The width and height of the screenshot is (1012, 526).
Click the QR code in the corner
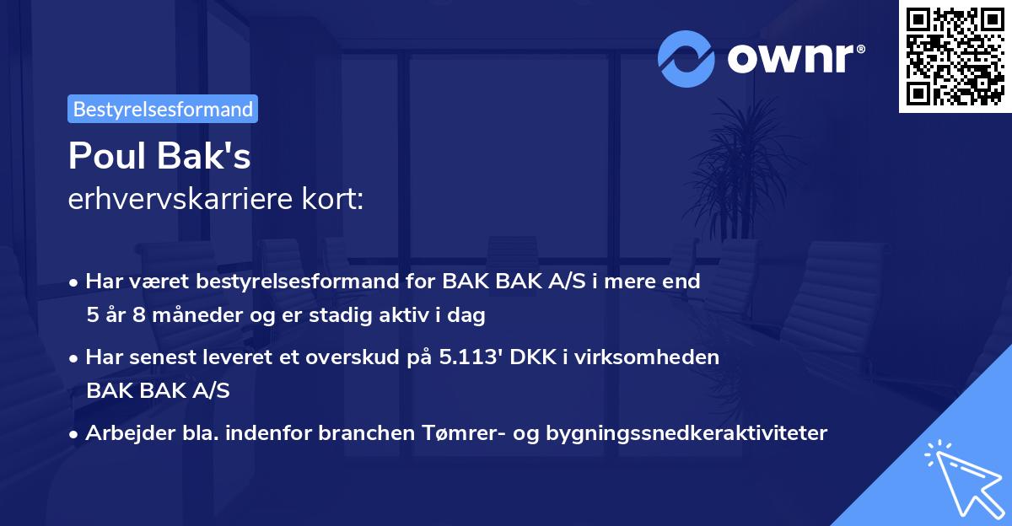(955, 56)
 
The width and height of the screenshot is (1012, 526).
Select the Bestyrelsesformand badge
(163, 109)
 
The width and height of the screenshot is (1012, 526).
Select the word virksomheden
(659, 357)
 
